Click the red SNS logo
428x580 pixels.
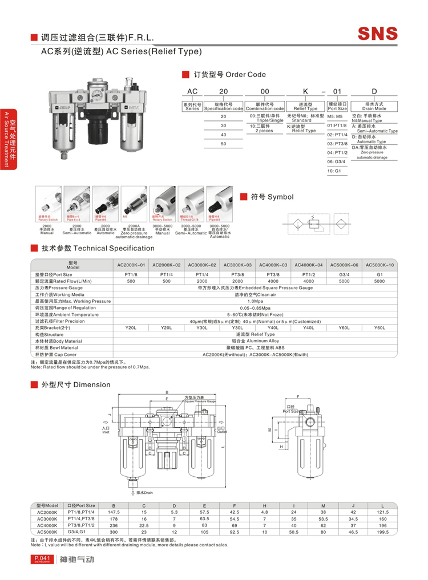(377, 33)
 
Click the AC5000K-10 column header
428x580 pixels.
(379, 265)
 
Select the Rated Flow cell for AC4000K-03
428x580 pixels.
(273, 281)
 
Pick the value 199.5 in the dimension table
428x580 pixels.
(382, 532)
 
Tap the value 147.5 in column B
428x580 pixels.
(113, 513)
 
